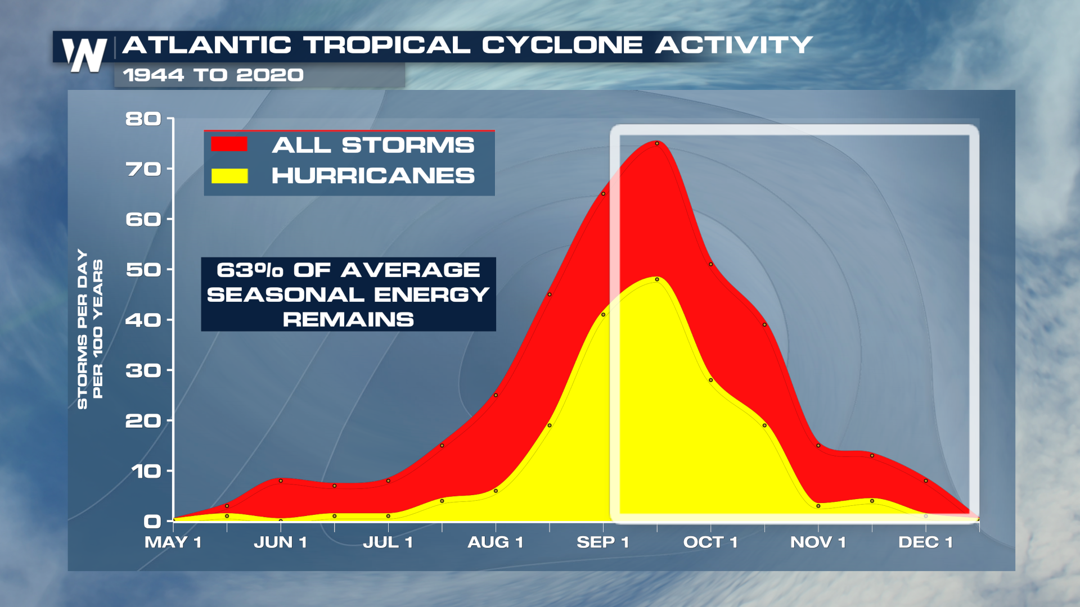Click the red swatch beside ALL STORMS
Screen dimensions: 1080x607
(x=229, y=144)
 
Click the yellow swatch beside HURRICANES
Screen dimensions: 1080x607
(x=229, y=176)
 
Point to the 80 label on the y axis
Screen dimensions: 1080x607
(x=143, y=119)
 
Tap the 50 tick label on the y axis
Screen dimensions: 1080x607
(x=143, y=270)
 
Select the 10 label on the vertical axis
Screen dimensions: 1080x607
(x=146, y=471)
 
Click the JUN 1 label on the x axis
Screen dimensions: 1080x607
(x=280, y=542)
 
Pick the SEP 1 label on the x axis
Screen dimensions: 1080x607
(x=602, y=542)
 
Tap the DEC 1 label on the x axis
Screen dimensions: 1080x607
(x=925, y=542)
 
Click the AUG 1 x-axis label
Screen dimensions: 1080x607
(x=496, y=542)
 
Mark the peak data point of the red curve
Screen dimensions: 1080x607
(x=657, y=143)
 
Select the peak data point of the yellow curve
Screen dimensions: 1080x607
(x=657, y=279)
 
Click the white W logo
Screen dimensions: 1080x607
(x=84, y=55)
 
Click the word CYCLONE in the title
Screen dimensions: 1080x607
(x=562, y=45)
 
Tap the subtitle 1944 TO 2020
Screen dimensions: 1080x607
(x=213, y=75)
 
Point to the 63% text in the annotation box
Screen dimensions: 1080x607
(x=250, y=270)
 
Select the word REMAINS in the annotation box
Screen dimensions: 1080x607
(x=348, y=320)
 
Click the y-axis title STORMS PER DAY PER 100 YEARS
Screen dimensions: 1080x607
(x=90, y=329)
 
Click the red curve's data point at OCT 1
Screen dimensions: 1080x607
(x=711, y=264)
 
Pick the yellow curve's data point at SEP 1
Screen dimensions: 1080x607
(x=603, y=315)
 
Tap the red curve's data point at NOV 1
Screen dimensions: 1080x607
(x=818, y=446)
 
